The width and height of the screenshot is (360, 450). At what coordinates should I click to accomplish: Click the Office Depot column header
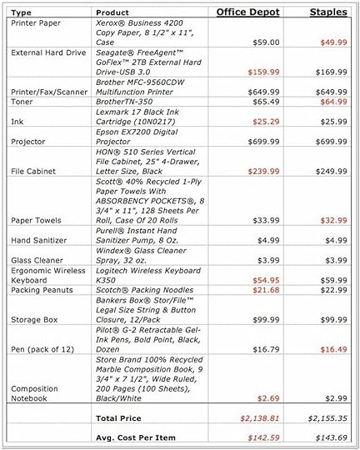tap(248, 12)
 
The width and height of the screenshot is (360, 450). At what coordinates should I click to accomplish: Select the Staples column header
tap(328, 12)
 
